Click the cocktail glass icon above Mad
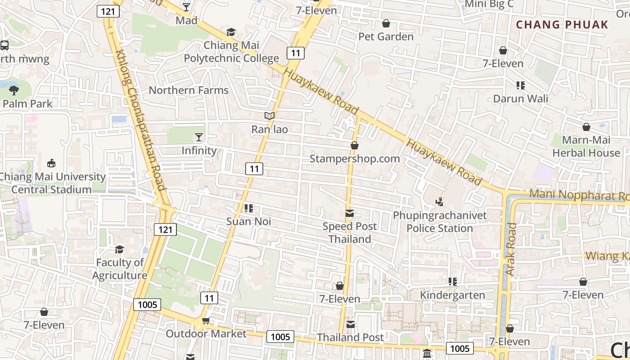186,7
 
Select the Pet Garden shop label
386,36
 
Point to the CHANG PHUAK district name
562,24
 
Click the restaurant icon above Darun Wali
521,85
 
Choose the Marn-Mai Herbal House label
586,146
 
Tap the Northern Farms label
189,90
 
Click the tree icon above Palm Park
14,90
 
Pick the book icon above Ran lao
270,116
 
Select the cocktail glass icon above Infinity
199,137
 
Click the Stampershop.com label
355,158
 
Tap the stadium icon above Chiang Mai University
51,163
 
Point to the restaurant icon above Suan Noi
248,208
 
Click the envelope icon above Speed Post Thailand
350,213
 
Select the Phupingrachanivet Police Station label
440,222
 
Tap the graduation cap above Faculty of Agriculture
119,249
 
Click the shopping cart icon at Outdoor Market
206,320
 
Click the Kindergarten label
452,295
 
